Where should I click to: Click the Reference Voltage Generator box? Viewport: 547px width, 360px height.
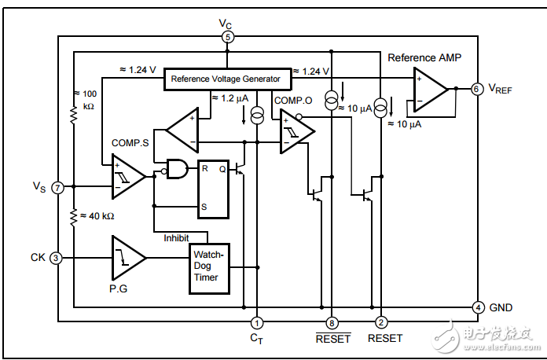pos(226,79)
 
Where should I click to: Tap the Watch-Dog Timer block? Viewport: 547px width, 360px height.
pos(209,266)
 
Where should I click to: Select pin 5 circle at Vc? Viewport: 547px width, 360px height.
pos(227,37)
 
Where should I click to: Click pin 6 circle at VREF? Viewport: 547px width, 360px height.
pos(476,89)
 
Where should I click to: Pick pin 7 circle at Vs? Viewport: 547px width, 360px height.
pos(57,187)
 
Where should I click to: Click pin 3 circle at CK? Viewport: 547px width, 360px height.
pos(56,258)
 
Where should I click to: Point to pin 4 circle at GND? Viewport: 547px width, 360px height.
pos(477,307)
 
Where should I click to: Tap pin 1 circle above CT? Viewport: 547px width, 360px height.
pos(256,321)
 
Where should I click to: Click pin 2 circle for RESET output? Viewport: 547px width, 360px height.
pos(381,321)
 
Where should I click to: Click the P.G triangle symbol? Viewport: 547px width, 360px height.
pos(127,257)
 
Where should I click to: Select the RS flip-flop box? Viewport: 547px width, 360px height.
pos(212,188)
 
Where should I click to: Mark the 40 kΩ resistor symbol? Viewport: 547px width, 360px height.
pos(73,215)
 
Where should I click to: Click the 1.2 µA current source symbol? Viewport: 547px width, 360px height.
pos(256,116)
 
